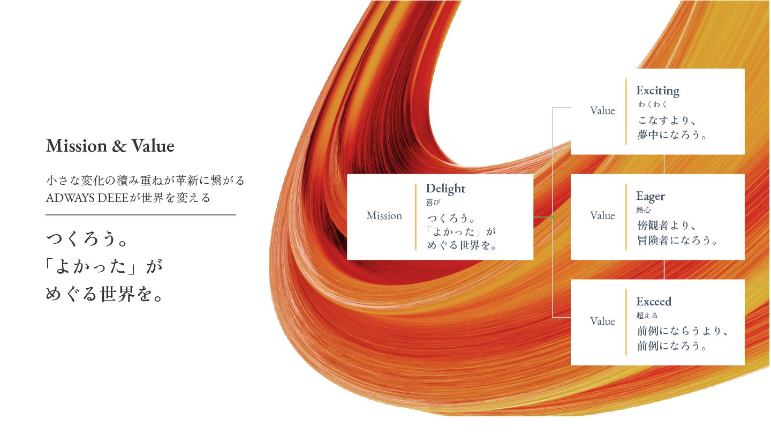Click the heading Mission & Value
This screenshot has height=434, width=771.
(110, 146)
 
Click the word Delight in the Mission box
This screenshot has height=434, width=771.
(445, 189)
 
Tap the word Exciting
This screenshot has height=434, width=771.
(657, 91)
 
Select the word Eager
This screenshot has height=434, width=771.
(651, 196)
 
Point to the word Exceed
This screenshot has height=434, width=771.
(654, 301)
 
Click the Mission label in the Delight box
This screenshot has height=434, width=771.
(384, 216)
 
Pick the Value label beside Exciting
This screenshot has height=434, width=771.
(602, 111)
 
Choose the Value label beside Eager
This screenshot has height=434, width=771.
(602, 216)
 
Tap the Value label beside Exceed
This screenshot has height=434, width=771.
(602, 321)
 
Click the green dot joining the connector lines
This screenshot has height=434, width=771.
(552, 217)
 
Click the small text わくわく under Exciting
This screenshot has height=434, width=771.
(653, 104)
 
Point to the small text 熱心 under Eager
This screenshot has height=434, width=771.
(644, 210)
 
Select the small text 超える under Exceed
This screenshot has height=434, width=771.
(647, 316)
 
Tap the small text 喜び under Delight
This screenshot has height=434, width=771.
(433, 203)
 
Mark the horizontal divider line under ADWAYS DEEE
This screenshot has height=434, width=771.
(141, 215)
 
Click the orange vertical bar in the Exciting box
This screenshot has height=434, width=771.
(626, 111)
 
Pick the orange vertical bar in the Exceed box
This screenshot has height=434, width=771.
(626, 322)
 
